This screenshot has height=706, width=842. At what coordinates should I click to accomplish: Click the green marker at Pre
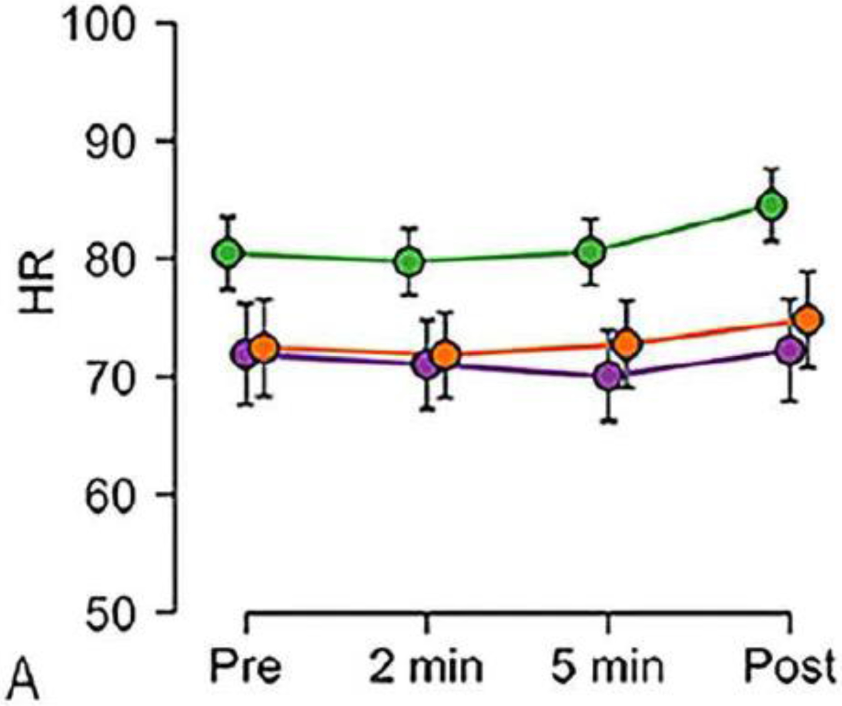[x=229, y=253]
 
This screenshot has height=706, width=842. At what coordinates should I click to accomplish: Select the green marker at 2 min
[x=410, y=262]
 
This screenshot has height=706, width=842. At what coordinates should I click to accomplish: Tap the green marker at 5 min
[x=590, y=252]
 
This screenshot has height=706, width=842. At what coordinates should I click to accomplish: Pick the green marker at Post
[x=771, y=205]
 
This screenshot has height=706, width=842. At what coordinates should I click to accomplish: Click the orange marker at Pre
[x=265, y=348]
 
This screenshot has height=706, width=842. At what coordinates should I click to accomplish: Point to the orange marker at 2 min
[x=446, y=355]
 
